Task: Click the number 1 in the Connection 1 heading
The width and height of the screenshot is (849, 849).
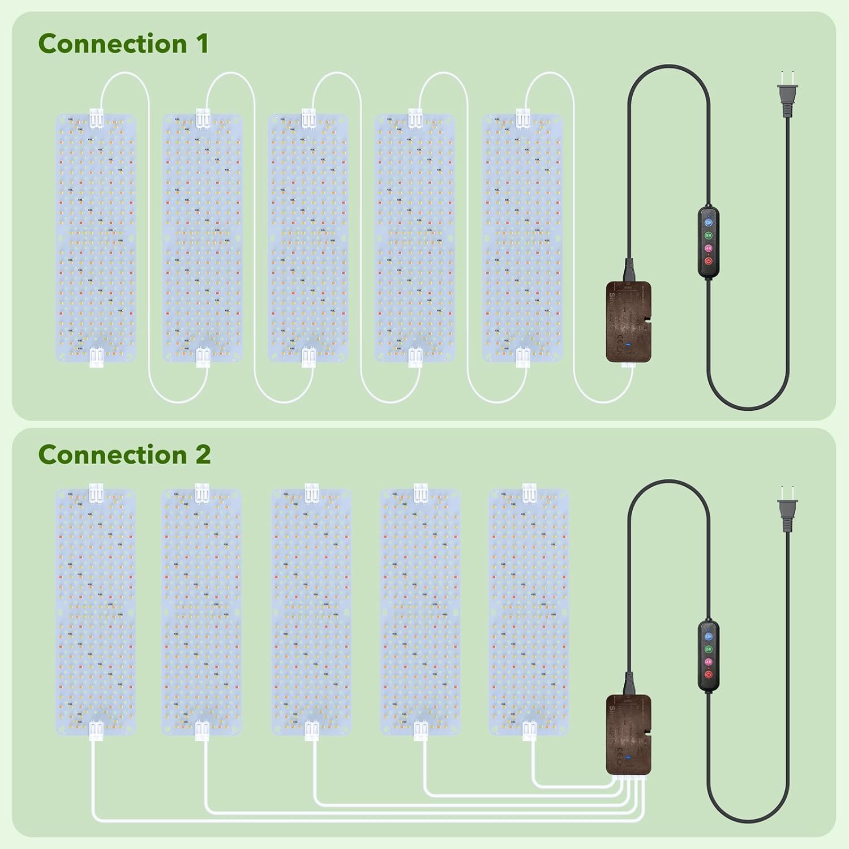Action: [202, 44]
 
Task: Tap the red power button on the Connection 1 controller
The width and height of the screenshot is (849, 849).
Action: [708, 261]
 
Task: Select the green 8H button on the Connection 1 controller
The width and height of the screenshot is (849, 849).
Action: [708, 235]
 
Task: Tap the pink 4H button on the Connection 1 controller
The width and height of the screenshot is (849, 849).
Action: [708, 248]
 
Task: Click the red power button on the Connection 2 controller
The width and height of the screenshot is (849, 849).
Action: [708, 674]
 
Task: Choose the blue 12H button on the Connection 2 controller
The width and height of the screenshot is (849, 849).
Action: [708, 636]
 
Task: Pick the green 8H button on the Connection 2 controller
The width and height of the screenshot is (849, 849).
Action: [708, 649]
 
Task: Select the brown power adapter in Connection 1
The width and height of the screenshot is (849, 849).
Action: [628, 321]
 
